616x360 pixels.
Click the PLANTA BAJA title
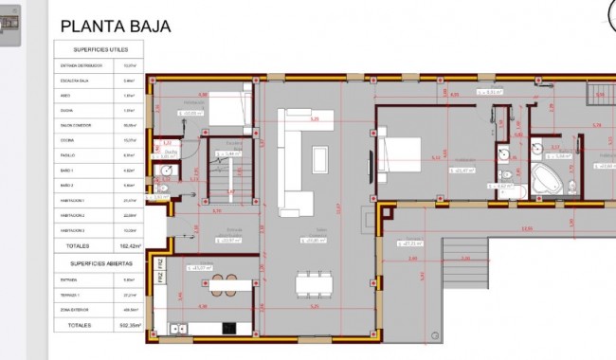[x=115, y=27]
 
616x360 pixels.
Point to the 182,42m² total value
[x=130, y=245]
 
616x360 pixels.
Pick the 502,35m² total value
[x=130, y=325]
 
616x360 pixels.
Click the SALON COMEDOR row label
[x=75, y=124]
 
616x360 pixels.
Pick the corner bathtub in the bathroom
[x=547, y=178]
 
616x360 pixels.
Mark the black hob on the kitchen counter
[x=228, y=328]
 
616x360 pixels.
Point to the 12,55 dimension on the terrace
[x=527, y=229]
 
